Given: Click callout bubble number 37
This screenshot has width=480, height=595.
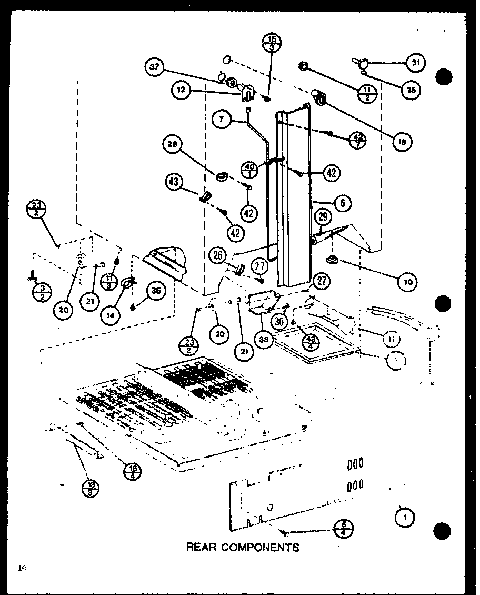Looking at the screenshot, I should pos(154,67).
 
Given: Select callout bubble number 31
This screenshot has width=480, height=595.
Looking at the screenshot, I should pos(415,62).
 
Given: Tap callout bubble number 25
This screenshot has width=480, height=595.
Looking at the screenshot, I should pos(411,90).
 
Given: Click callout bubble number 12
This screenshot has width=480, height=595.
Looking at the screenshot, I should pos(181,90).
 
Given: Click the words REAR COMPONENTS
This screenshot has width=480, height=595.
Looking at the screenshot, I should pos(243,547).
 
